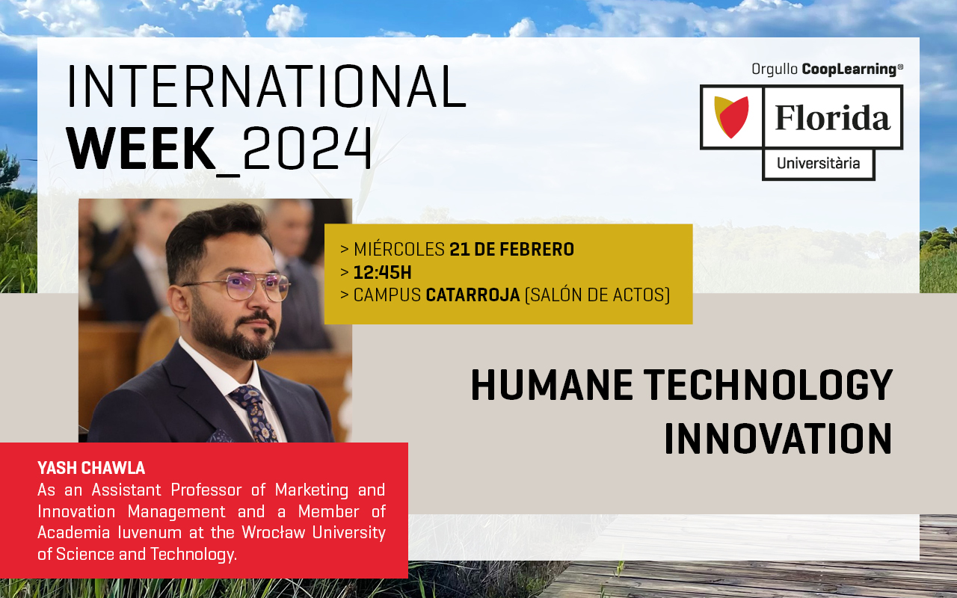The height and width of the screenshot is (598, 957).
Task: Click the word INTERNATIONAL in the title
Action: click(267, 86)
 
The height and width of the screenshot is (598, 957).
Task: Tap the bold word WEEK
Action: click(141, 148)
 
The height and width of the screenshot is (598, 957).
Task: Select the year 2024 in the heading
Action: click(307, 148)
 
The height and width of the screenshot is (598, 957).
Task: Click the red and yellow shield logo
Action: click(731, 117)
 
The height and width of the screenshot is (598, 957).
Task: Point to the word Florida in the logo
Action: click(833, 117)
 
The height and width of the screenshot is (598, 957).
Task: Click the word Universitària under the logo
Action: click(818, 163)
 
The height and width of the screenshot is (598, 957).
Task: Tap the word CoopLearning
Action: click(849, 70)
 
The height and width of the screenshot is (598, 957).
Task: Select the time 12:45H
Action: click(382, 272)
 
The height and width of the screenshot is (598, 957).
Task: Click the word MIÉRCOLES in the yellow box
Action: click(399, 249)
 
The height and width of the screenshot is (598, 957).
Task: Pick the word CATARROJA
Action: click(473, 295)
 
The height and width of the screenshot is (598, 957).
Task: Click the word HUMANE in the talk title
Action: click(552, 385)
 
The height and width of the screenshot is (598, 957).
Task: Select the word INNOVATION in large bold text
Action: click(778, 438)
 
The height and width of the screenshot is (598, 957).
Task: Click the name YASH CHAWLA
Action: click(91, 468)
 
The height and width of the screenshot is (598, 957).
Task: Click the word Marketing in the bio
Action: click(312, 490)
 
